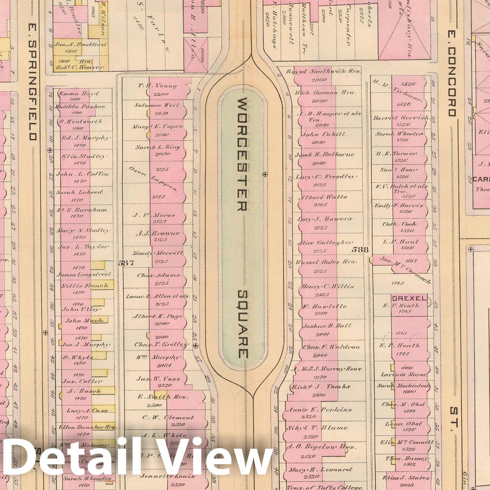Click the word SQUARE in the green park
243,324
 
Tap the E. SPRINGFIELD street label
33,81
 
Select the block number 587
126,263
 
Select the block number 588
360,250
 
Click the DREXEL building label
409,298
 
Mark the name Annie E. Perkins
319,410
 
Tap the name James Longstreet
84,275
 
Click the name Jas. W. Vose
158,379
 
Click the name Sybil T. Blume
317,428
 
